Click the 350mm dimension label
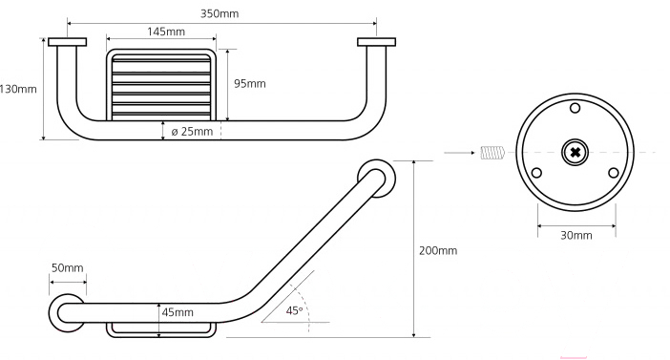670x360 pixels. (x=220, y=13)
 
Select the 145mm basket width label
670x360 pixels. (x=166, y=32)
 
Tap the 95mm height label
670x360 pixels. (x=250, y=83)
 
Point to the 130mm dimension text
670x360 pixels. (x=18, y=90)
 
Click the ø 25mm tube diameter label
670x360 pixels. (x=192, y=131)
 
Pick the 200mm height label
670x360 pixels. (x=438, y=250)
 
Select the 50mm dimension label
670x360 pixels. (x=68, y=268)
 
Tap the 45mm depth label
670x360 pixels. (x=178, y=312)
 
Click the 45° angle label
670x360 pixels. (x=294, y=311)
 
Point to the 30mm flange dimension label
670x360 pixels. (x=576, y=236)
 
